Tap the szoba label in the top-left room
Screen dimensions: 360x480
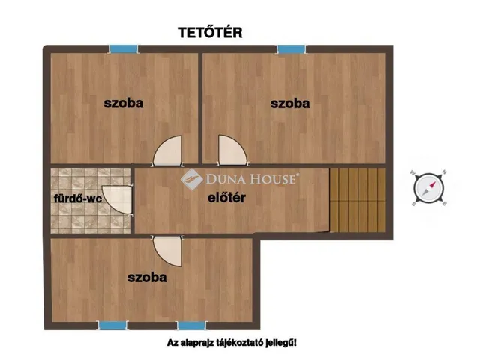click(123, 103)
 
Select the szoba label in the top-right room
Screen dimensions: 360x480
click(290, 103)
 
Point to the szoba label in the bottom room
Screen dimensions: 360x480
click(147, 277)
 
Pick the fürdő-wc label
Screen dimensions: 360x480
click(76, 199)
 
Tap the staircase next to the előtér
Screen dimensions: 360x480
click(358, 199)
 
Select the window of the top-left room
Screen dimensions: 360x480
click(124, 49)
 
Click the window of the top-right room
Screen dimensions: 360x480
click(292, 49)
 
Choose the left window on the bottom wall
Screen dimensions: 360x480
click(112, 325)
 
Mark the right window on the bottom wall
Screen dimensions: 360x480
click(191, 325)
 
